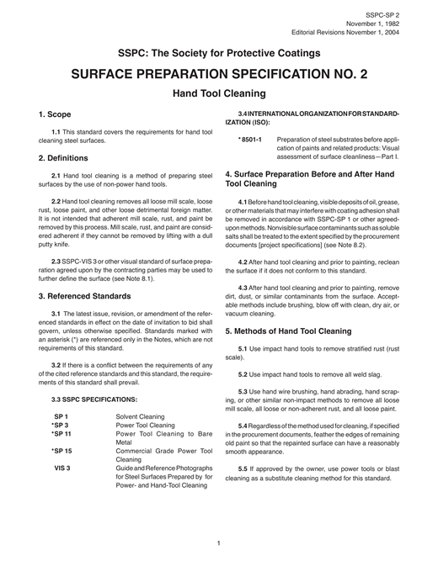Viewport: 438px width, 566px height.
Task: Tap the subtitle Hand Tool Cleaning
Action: (x=219, y=93)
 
